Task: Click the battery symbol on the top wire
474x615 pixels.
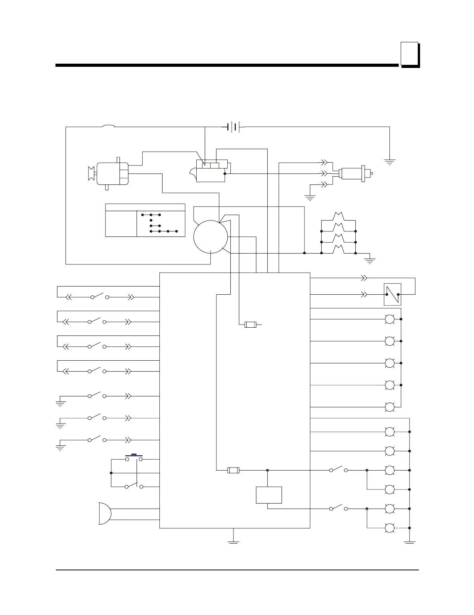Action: (x=233, y=127)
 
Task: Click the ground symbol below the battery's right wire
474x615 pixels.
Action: (x=389, y=162)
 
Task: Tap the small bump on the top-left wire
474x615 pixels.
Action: (x=108, y=125)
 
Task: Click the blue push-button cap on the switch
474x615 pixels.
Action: (x=134, y=454)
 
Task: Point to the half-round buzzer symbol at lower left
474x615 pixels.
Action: (x=104, y=513)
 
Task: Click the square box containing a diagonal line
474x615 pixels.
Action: (x=392, y=294)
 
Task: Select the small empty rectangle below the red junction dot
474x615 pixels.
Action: (x=269, y=495)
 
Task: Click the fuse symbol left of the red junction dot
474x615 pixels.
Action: (x=233, y=470)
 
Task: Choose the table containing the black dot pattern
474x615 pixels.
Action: (x=145, y=220)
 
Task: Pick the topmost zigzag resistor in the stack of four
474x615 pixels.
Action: (x=339, y=215)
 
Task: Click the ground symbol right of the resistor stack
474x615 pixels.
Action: (x=370, y=261)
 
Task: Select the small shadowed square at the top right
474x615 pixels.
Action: (x=410, y=54)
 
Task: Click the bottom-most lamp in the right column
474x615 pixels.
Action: (x=389, y=528)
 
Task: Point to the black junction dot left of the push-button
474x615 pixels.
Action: (x=111, y=473)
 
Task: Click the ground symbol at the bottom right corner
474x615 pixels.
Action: (x=410, y=542)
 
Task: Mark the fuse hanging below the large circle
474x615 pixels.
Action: (x=251, y=325)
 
